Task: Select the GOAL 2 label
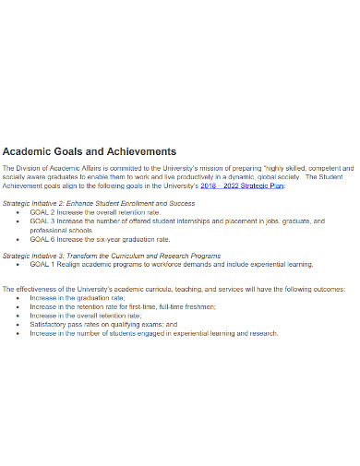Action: tap(42, 212)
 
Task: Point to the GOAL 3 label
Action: tap(42, 221)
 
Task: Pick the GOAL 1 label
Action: tap(42, 264)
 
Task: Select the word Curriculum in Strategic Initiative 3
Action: tap(138, 255)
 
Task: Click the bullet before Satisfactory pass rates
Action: tap(19, 324)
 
